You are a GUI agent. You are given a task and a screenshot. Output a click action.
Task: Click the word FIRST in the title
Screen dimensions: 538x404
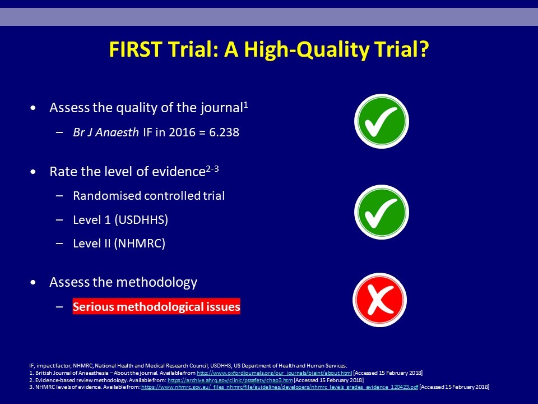135,49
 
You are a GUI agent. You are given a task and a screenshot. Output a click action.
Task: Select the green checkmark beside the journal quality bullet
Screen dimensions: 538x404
381,121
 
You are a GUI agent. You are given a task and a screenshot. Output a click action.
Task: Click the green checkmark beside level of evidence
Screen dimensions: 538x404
381,212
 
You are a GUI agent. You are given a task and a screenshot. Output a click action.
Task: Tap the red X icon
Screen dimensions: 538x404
379,300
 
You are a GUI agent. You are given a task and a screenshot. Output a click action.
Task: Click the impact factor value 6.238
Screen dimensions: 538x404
224,132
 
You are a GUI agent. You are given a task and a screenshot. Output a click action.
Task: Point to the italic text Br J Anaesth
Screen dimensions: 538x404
106,132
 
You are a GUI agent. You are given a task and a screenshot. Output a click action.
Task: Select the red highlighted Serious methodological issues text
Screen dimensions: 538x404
156,306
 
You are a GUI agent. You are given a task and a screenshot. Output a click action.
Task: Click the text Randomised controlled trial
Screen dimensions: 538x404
149,196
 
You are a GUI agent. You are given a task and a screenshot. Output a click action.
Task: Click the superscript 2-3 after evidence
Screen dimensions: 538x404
212,169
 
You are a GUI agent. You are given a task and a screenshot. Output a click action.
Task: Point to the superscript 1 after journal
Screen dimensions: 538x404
245,105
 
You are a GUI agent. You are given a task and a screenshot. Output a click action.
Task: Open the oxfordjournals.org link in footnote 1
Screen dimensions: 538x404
275,373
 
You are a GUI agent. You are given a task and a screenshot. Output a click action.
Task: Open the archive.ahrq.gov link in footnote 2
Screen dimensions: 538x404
230,380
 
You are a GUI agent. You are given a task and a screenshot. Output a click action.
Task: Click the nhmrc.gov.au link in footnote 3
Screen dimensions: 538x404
280,387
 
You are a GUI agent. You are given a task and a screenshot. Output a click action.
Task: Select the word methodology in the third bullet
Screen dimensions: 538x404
157,282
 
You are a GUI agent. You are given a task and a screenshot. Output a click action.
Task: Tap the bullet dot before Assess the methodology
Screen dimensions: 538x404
33,283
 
